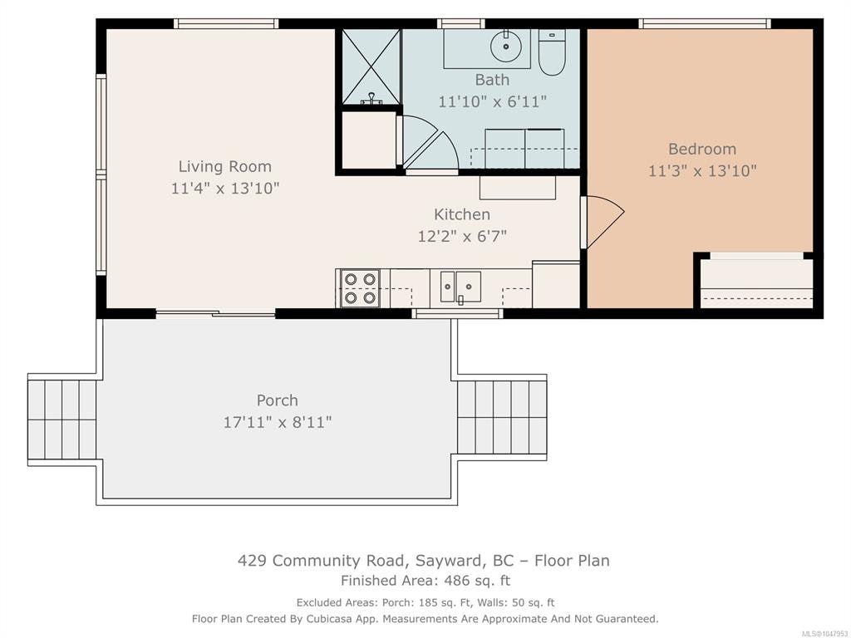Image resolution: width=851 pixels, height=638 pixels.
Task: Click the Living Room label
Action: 224,166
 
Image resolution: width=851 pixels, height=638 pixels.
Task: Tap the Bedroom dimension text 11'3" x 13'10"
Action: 702,171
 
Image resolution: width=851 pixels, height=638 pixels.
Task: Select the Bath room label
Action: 492,80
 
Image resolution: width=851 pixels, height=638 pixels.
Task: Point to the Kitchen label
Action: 462,214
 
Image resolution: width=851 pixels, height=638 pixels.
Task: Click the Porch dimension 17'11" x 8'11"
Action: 278,422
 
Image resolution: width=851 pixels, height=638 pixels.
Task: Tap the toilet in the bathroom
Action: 552,52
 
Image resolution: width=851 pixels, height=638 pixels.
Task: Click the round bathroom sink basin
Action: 506,47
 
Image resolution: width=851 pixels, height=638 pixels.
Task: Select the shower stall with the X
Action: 371,66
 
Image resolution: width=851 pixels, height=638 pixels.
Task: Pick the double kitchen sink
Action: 460,287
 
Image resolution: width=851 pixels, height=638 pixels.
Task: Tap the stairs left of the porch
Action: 61,420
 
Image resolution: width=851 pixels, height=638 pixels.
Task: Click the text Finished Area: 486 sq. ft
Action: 425,581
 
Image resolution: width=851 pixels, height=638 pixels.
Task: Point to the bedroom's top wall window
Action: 705,23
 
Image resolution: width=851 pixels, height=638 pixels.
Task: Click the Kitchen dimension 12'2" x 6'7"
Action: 462,236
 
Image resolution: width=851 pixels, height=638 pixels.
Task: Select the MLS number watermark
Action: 825,633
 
